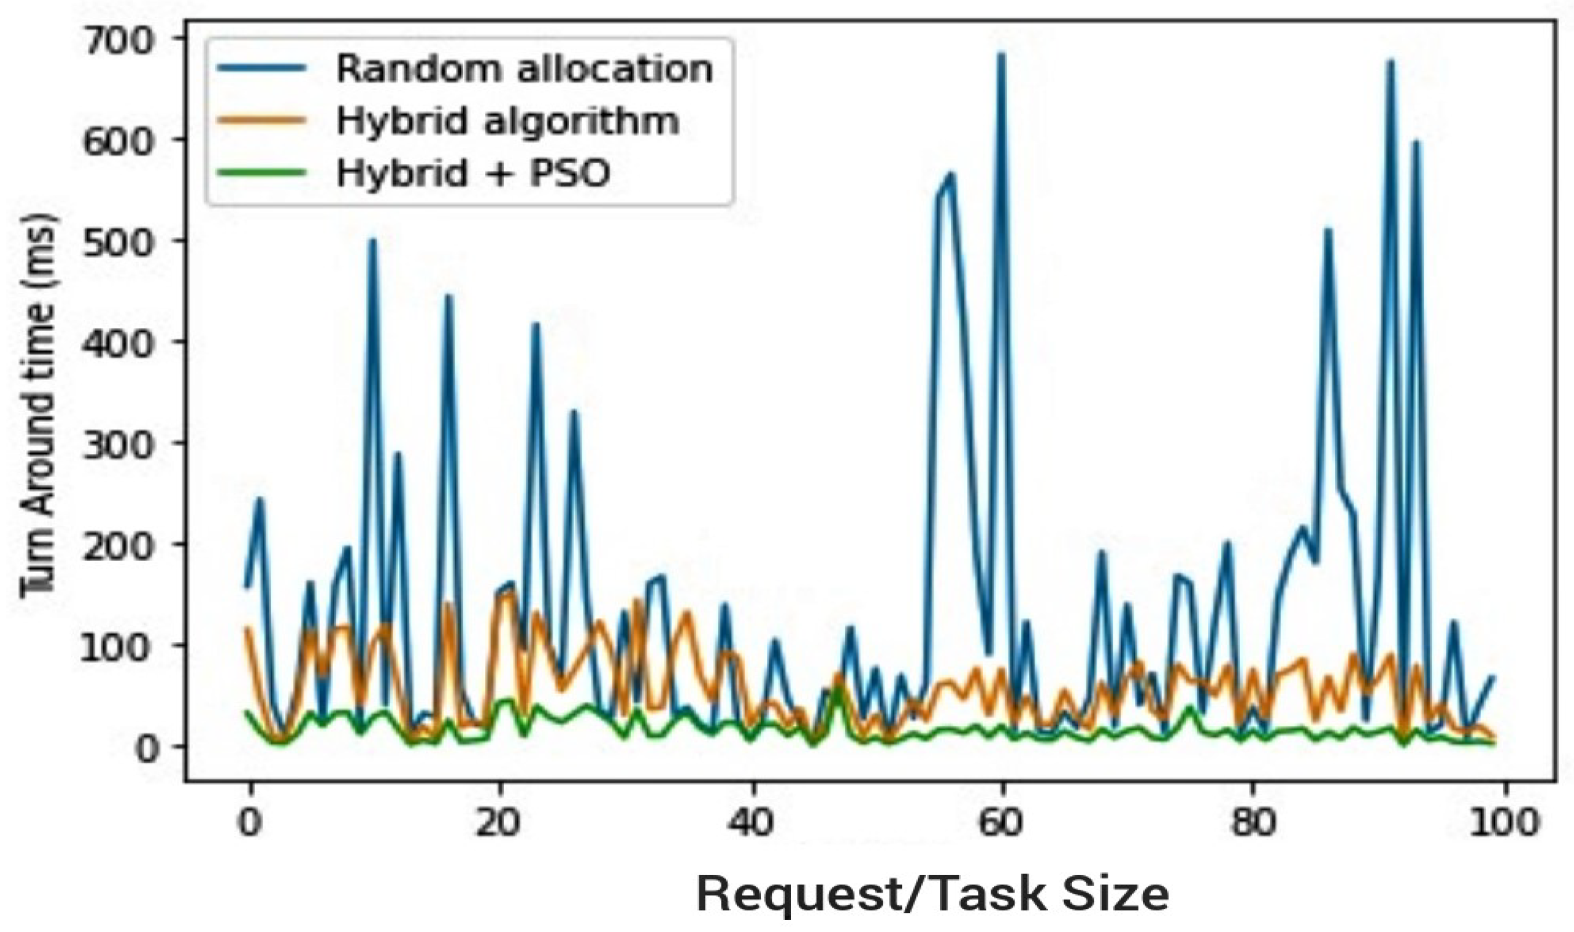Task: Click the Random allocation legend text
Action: (x=525, y=69)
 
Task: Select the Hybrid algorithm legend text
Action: (x=507, y=121)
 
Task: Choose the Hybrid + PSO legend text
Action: (x=473, y=173)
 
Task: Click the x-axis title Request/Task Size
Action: (x=933, y=894)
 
